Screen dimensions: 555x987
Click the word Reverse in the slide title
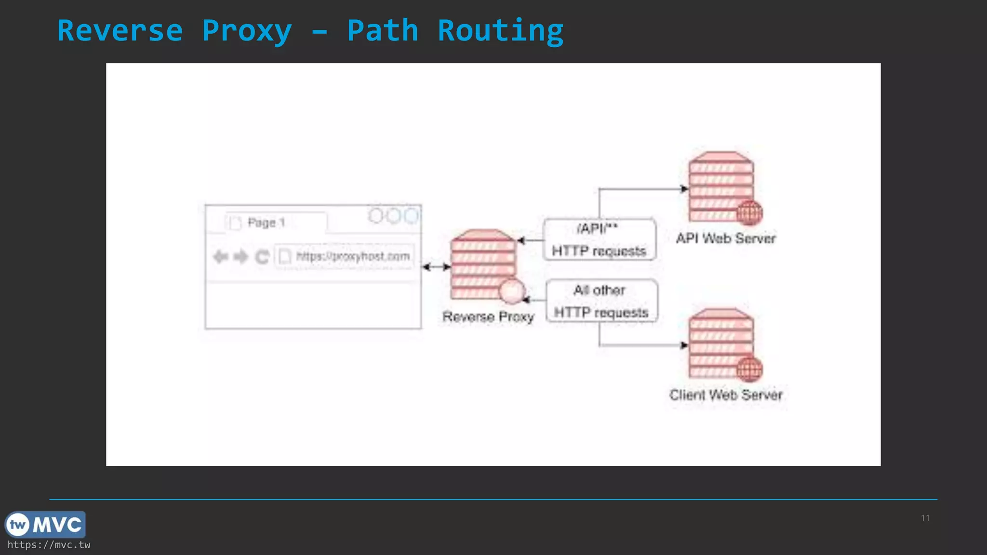(x=120, y=31)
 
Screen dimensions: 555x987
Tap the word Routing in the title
(x=500, y=31)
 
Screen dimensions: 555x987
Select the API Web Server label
(x=726, y=238)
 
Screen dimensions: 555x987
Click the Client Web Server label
(x=726, y=395)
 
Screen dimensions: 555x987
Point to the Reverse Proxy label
(x=488, y=317)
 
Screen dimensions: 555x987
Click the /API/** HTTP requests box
(x=600, y=240)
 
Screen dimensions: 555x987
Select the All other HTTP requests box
(x=601, y=301)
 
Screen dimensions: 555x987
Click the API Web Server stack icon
(x=720, y=185)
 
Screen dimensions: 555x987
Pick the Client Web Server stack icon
(x=720, y=342)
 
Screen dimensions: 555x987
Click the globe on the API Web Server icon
(x=749, y=212)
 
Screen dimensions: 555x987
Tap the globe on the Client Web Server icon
(x=749, y=370)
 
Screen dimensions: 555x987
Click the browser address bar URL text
(x=353, y=256)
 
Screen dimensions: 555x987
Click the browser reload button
(x=262, y=257)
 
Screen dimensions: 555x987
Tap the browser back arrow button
(x=220, y=257)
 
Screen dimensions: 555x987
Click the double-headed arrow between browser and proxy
(x=436, y=267)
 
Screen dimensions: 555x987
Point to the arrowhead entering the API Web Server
(x=684, y=189)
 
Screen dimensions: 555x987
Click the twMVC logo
(x=45, y=525)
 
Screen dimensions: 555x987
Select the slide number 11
(x=925, y=518)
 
